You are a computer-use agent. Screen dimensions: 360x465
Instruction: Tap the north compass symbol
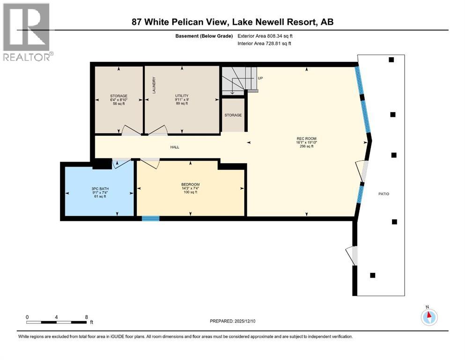(428, 316)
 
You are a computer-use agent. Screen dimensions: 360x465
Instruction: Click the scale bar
(57, 322)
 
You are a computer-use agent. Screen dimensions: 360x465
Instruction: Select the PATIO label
(384, 194)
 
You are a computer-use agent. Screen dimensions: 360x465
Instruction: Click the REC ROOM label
(307, 139)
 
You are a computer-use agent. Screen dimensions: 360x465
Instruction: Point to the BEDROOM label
(191, 184)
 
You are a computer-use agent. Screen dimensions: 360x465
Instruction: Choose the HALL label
(175, 147)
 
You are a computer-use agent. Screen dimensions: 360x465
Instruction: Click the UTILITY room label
(182, 96)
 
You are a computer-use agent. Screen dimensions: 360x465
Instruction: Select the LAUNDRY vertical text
(153, 86)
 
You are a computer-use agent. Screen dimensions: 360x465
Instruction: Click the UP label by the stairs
(260, 78)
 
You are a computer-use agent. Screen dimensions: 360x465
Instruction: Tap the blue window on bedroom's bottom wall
(150, 218)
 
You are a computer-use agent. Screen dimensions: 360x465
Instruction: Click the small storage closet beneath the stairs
(233, 115)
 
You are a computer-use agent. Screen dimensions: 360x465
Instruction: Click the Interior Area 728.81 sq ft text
(265, 44)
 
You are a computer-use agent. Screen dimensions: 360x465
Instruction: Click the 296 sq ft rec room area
(306, 146)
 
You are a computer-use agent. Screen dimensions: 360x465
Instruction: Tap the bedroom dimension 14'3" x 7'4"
(191, 188)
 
